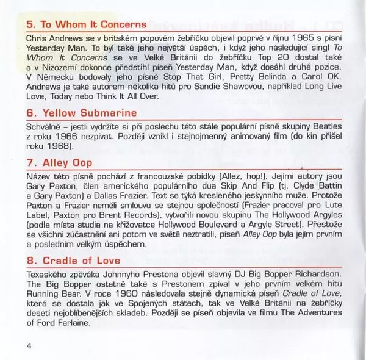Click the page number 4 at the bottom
point(29,347)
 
